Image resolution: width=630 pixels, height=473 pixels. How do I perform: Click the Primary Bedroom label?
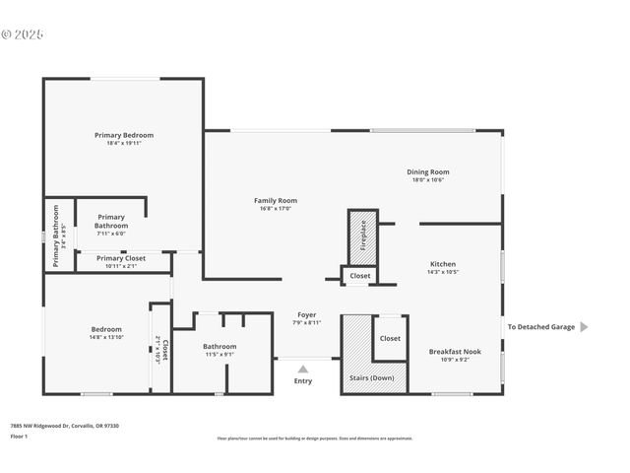[124, 135]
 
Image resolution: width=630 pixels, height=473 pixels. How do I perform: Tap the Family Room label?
[276, 201]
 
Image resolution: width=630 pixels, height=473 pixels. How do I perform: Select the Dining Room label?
[428, 172]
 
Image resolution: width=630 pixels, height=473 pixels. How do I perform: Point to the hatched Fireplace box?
[362, 236]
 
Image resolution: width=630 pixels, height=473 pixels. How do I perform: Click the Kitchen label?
[443, 264]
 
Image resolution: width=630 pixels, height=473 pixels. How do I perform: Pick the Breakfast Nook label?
[455, 352]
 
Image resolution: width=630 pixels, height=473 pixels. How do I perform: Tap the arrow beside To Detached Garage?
[584, 327]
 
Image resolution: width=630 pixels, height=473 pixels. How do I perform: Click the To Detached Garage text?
[540, 327]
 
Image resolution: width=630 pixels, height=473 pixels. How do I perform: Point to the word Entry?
[303, 380]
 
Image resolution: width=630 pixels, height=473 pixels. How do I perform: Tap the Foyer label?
[307, 316]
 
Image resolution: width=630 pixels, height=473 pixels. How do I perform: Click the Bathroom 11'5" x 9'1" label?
[220, 347]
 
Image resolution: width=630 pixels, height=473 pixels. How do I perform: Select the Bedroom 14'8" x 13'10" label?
[106, 329]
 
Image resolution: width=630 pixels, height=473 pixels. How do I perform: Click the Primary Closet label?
[121, 258]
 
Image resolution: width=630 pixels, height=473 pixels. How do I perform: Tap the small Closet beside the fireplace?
[360, 276]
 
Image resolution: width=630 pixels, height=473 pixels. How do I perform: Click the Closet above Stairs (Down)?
[390, 338]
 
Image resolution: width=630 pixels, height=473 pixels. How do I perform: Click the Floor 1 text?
[20, 436]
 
